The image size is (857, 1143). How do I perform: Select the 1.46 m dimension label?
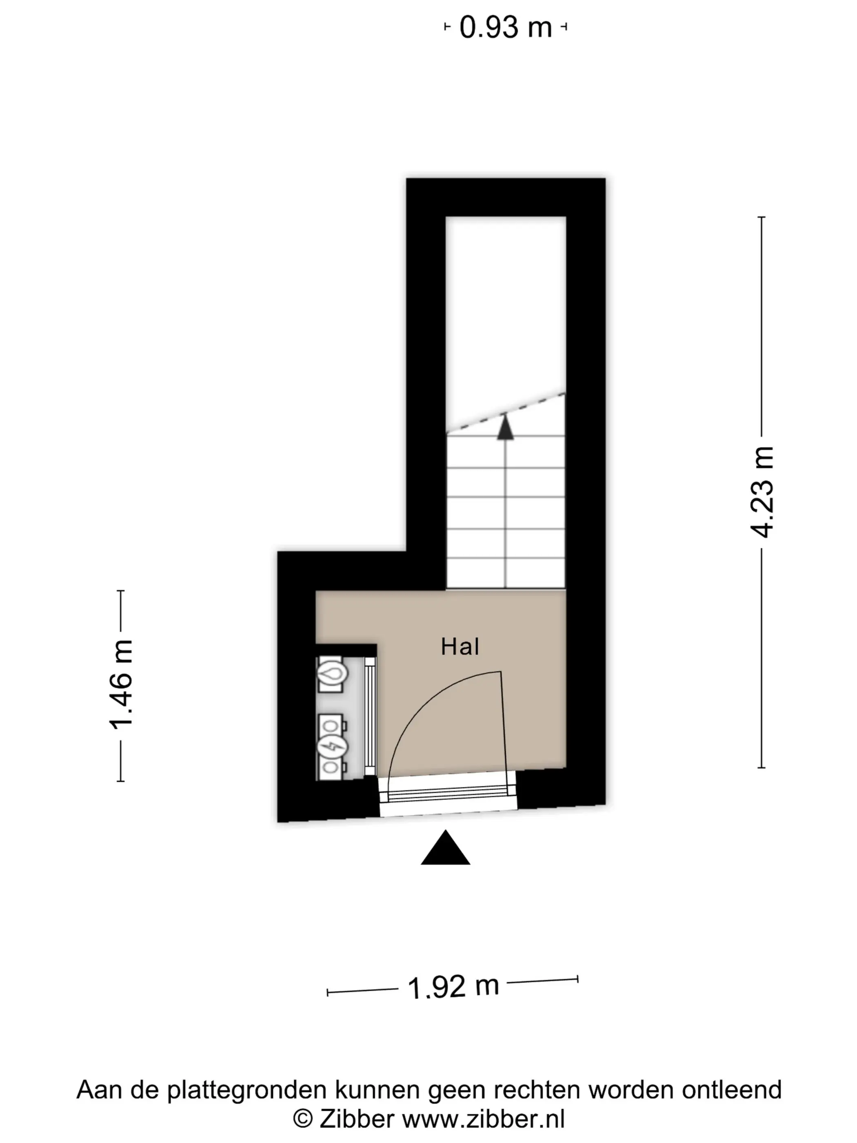coord(121,684)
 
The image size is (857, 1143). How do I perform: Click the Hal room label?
coord(460,647)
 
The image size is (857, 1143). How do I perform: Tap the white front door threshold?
coord(447,796)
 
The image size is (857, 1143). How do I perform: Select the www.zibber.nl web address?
coord(484,1119)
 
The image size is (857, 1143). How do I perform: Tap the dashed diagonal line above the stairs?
coord(506,412)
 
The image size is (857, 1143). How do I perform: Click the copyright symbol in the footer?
coord(303,1119)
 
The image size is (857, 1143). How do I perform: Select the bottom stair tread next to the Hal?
coord(506,574)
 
